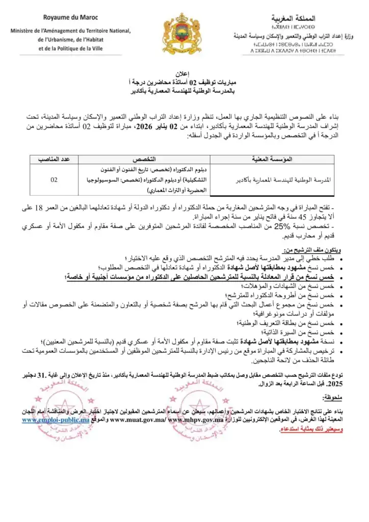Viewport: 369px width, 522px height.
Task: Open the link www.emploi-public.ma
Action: tap(56, 420)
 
